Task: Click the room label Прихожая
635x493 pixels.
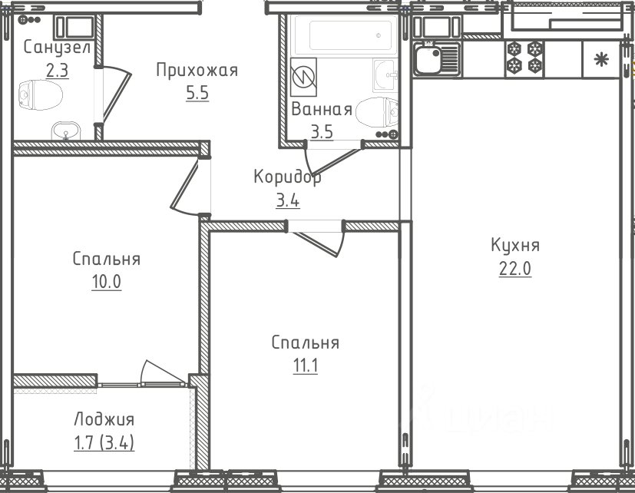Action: pos(197,70)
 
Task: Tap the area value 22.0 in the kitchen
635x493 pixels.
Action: pos(514,268)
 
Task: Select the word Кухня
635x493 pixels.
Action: pos(515,246)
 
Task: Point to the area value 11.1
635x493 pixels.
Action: pos(306,366)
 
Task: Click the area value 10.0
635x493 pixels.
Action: pos(107,282)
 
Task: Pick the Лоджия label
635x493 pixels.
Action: pos(104,419)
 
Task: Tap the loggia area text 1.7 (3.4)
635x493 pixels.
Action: pos(104,442)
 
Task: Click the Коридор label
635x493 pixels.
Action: pos(287,177)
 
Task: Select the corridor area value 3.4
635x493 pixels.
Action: pos(287,200)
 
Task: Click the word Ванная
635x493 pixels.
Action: pos(322,109)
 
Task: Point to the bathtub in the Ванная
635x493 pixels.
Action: pos(346,35)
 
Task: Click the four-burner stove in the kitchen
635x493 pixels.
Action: pos(525,57)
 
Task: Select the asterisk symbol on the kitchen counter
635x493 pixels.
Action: pos(601,60)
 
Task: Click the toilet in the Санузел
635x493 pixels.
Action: pos(41,95)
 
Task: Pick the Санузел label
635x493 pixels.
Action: pos(57,48)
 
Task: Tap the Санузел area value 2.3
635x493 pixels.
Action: pos(57,71)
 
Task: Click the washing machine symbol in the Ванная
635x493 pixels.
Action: pos(303,77)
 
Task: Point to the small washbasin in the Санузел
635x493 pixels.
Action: pos(66,131)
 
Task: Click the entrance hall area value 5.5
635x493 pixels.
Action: pos(197,93)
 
